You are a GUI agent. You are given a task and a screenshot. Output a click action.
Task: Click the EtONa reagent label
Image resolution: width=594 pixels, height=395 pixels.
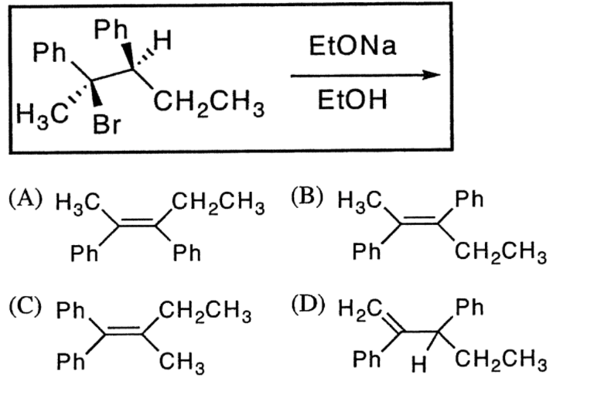tap(351, 47)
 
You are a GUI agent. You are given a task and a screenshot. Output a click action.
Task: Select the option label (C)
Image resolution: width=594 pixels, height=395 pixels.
tap(26, 315)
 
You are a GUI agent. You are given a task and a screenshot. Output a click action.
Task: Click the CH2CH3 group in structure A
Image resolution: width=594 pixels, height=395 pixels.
tap(218, 203)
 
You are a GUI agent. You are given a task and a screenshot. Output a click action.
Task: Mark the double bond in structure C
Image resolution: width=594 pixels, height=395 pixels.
tap(123, 335)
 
